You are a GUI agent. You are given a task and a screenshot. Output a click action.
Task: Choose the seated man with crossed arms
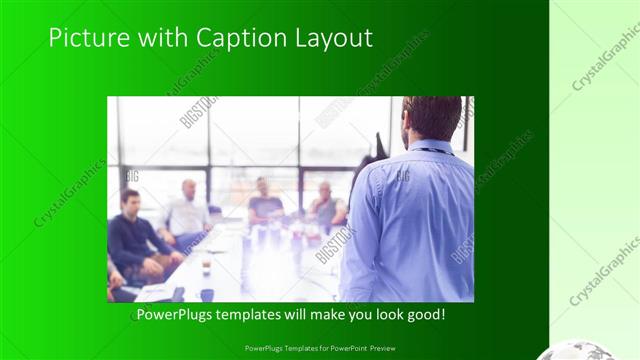(326, 205)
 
